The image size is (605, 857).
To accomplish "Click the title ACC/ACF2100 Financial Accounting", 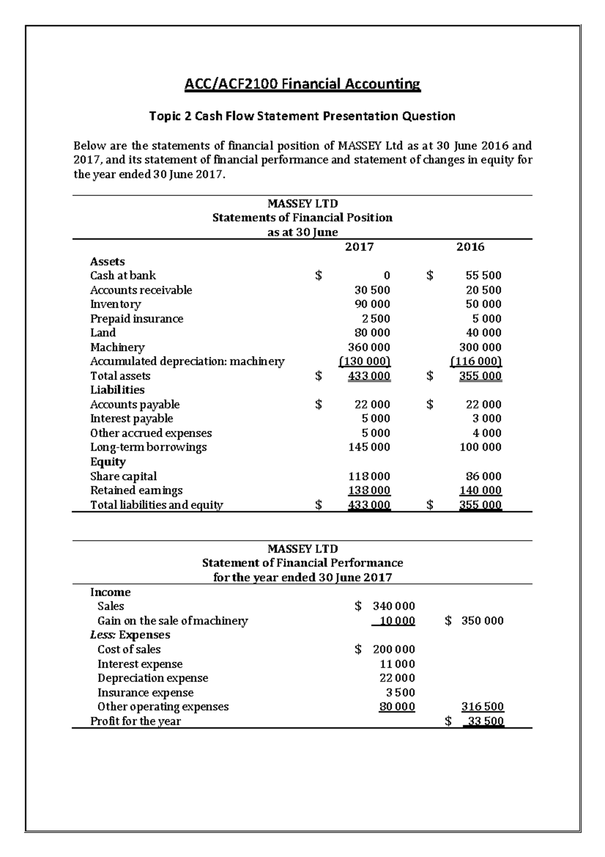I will pyautogui.click(x=302, y=84).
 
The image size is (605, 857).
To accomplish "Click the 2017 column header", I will pyautogui.click(x=359, y=247).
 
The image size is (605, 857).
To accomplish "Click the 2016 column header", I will pyautogui.click(x=470, y=247).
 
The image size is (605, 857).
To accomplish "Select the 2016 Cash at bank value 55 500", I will pyautogui.click(x=483, y=276).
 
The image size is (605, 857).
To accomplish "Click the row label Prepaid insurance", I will pyautogui.click(x=137, y=319).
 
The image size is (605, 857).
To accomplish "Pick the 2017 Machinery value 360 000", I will pyautogui.click(x=369, y=347).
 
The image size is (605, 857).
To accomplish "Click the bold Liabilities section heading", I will pyautogui.click(x=117, y=390).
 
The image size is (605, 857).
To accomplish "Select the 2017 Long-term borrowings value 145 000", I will pyautogui.click(x=369, y=447).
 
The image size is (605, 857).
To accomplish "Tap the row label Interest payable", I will pyautogui.click(x=131, y=419).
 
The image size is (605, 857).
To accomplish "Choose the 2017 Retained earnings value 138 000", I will pyautogui.click(x=369, y=491).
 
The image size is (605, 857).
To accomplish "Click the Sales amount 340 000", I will pyautogui.click(x=394, y=606).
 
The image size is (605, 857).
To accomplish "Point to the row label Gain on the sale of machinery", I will pyautogui.click(x=172, y=621).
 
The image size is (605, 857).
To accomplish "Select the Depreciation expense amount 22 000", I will pyautogui.click(x=397, y=678).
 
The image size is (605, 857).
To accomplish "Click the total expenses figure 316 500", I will pyautogui.click(x=482, y=707).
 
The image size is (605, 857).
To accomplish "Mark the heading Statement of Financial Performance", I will pyautogui.click(x=302, y=563).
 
